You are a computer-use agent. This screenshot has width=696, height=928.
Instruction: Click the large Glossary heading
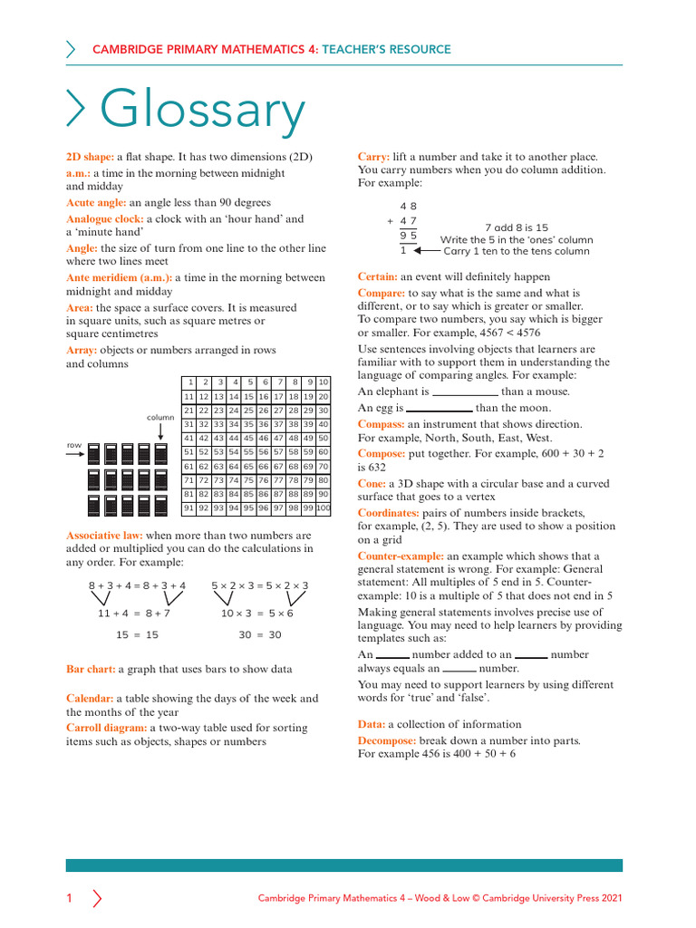(201, 111)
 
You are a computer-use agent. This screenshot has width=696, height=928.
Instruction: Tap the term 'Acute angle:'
(96, 203)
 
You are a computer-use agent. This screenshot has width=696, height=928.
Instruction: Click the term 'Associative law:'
(104, 536)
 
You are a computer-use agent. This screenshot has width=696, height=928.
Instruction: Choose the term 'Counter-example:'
(401, 556)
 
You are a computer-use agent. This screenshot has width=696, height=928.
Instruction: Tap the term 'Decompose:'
(388, 740)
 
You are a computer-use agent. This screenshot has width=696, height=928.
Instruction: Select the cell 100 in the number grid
(324, 508)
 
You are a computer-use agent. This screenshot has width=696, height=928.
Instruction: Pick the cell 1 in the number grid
(190, 382)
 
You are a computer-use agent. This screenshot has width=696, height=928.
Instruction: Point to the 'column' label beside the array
(160, 418)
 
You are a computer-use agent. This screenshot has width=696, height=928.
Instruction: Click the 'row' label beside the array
(74, 445)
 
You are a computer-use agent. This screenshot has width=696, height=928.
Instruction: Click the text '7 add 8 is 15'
(517, 227)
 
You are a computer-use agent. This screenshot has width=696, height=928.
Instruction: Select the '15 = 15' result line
(137, 635)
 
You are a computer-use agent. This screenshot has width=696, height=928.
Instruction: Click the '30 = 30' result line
(260, 635)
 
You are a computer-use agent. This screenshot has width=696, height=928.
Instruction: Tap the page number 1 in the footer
(69, 898)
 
